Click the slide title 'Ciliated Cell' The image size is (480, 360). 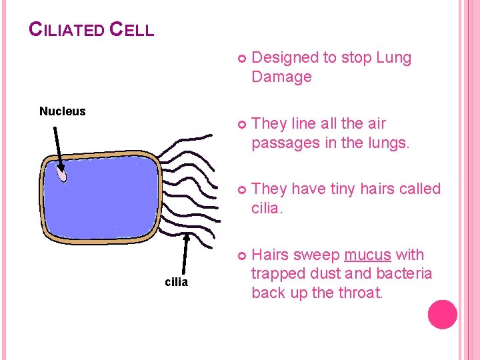91,29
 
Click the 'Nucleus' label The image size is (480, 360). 62,111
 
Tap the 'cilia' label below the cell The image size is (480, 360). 176,282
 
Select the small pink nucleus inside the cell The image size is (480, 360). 61,175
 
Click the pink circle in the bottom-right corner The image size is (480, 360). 443,315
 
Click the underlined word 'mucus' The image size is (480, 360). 367,255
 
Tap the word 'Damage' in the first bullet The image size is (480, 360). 281,77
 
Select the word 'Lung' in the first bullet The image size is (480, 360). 394,58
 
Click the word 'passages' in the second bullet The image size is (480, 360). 285,143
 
